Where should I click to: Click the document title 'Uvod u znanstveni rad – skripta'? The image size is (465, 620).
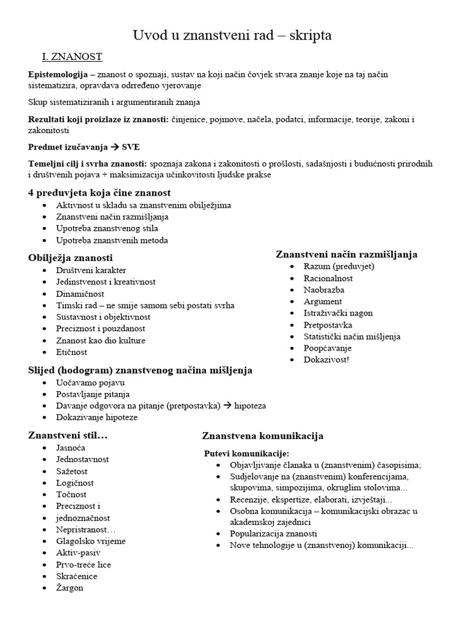click(232, 36)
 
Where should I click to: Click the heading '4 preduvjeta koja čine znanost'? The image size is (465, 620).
click(99, 193)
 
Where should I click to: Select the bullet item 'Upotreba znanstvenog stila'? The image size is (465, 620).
click(107, 228)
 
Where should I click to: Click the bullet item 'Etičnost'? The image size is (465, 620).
click(71, 352)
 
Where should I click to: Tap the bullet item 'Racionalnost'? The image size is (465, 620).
click(328, 279)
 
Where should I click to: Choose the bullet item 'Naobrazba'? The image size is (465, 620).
click(324, 290)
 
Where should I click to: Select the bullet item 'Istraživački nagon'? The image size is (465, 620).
click(338, 313)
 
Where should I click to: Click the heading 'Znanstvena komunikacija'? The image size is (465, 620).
click(262, 436)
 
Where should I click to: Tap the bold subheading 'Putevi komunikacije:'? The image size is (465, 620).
click(247, 453)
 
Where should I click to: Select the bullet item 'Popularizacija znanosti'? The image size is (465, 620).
click(273, 533)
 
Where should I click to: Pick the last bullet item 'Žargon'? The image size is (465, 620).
click(70, 587)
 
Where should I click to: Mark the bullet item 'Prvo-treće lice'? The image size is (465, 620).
click(84, 564)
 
